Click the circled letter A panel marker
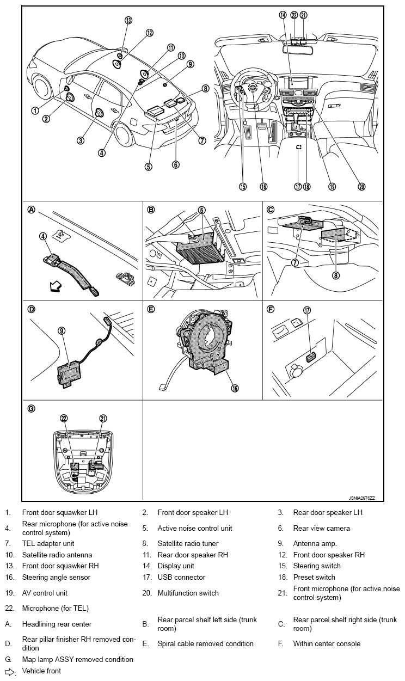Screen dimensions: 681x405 (x=32, y=210)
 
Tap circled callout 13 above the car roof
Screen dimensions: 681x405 (x=128, y=20)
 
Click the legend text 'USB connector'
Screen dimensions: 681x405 (x=181, y=577)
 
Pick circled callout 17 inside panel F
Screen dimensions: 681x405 (x=307, y=310)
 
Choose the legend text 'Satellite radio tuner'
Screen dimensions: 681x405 (x=188, y=543)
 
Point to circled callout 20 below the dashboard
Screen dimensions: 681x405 (x=361, y=186)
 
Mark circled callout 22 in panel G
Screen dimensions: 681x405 (x=64, y=418)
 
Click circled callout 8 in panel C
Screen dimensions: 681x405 (x=336, y=275)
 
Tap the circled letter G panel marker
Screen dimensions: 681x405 (x=32, y=408)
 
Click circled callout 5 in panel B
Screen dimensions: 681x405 (x=201, y=210)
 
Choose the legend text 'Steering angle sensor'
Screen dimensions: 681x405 (x=56, y=577)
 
